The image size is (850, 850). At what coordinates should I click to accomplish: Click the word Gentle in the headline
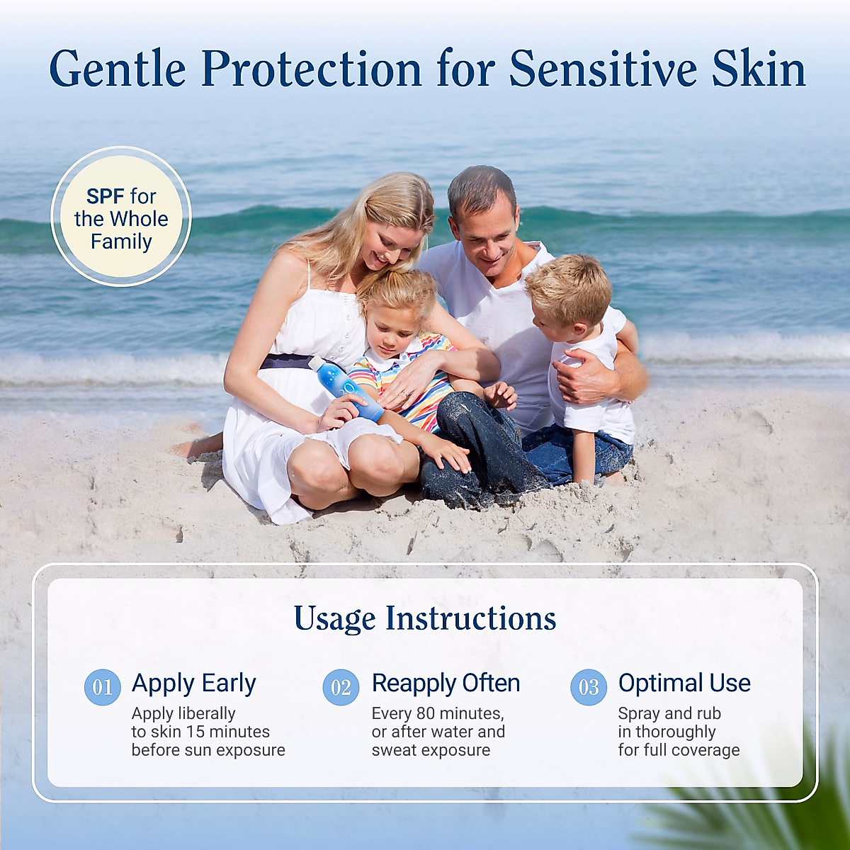[118, 70]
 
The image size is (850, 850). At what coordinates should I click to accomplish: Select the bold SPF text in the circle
[106, 196]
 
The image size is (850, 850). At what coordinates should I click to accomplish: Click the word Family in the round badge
[121, 242]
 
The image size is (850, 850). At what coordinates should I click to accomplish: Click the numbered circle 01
[102, 687]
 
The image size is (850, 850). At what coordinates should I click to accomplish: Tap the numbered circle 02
[341, 687]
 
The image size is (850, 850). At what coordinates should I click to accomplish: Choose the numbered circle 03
[589, 687]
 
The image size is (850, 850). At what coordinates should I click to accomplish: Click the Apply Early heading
[193, 684]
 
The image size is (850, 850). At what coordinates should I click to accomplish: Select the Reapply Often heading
[446, 684]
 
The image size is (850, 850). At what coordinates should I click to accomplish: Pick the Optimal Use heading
[684, 683]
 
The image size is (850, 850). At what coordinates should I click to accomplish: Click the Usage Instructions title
[425, 618]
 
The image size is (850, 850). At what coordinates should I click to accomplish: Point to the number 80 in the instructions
[426, 713]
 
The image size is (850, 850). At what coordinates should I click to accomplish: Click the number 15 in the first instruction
[196, 732]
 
